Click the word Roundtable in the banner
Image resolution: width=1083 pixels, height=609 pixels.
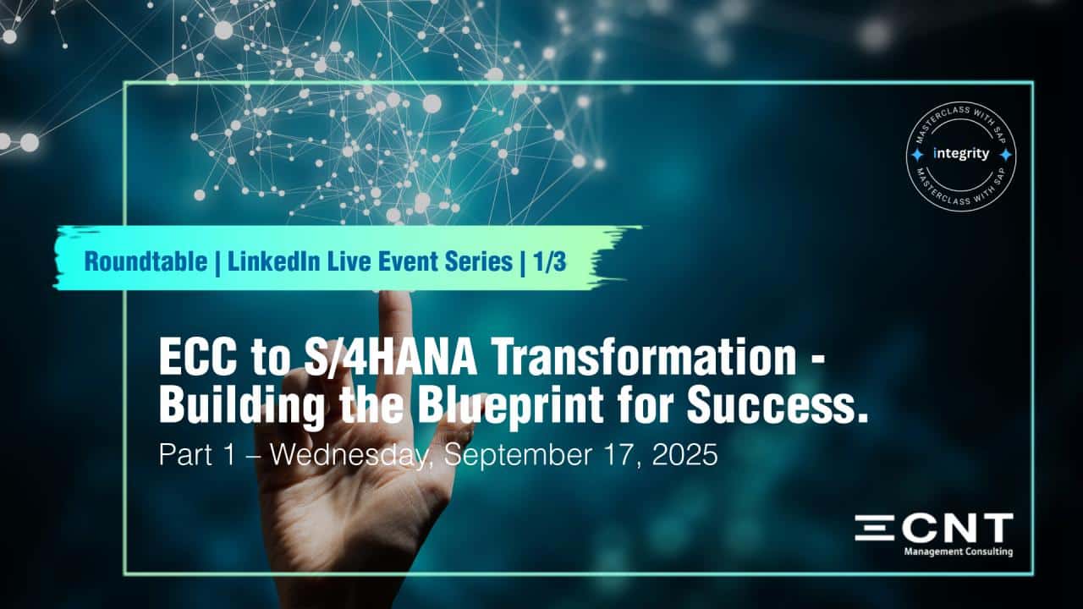[x=146, y=262]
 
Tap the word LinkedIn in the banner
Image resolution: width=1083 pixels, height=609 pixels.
[x=273, y=262]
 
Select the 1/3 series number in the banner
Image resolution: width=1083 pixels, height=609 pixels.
[x=550, y=262]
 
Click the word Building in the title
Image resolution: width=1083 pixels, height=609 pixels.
[x=242, y=406]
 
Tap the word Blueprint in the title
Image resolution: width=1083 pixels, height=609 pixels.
[x=510, y=406]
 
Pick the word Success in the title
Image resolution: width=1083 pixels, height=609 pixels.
[x=772, y=405]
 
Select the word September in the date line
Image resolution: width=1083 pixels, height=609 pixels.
[x=518, y=456]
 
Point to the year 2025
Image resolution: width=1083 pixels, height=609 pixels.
[x=684, y=455]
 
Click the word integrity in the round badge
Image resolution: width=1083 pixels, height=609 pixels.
[x=961, y=154]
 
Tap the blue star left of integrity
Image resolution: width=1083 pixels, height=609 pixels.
[x=916, y=155]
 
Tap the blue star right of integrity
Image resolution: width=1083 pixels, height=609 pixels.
[x=1006, y=155]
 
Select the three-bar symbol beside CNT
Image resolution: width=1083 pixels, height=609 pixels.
[x=875, y=528]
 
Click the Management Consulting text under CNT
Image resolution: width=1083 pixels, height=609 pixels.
[x=959, y=551]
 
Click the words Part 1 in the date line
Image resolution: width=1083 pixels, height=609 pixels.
[x=197, y=455]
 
